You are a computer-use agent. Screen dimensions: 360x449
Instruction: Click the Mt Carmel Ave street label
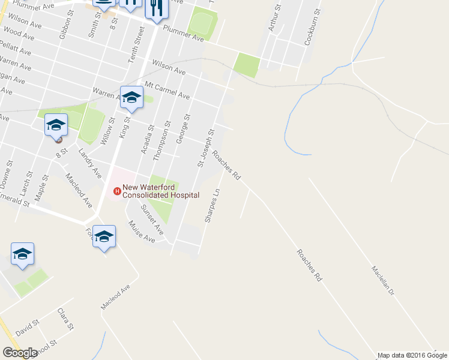tap(167, 90)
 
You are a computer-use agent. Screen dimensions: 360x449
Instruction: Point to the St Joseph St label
tap(206, 148)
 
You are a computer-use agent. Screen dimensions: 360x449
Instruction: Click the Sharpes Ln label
tap(212, 206)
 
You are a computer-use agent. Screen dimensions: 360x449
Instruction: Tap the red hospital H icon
tap(118, 191)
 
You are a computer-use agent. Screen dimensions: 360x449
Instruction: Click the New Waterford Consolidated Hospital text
tap(161, 191)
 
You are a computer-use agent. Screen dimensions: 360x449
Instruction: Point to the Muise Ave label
tap(141, 232)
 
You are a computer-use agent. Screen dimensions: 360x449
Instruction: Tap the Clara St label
tap(65, 319)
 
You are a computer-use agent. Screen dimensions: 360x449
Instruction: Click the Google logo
tap(20, 353)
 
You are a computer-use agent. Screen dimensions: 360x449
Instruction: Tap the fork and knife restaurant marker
tap(156, 8)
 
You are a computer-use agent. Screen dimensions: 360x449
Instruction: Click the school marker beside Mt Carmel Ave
tap(131, 98)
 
